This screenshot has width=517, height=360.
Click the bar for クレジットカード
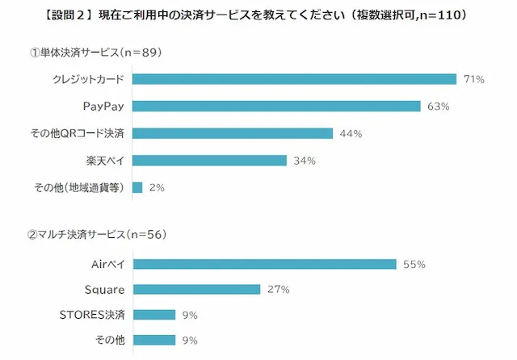pyautogui.click(x=294, y=79)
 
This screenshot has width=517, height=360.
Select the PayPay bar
pyautogui.click(x=276, y=107)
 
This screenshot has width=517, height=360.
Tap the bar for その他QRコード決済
pyautogui.click(x=233, y=133)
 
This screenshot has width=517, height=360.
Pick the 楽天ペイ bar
pyautogui.click(x=209, y=160)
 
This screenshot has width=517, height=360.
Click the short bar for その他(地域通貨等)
pyautogui.click(x=137, y=187)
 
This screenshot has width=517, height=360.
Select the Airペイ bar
pyautogui.click(x=264, y=264)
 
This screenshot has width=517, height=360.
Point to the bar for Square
pyautogui.click(x=196, y=289)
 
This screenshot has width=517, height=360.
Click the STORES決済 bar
pyautogui.click(x=153, y=315)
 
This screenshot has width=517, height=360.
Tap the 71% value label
pyautogui.click(x=473, y=79)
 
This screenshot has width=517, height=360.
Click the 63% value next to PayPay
pyautogui.click(x=437, y=107)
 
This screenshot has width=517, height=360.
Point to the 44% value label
pyautogui.click(x=350, y=133)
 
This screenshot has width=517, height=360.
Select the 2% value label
pyautogui.click(x=157, y=187)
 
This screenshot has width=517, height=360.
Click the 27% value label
pyautogui.click(x=279, y=289)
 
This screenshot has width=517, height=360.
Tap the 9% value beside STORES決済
pyautogui.click(x=191, y=315)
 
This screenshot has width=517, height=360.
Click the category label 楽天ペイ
pyautogui.click(x=104, y=160)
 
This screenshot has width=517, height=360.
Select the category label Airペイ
pyautogui.click(x=107, y=264)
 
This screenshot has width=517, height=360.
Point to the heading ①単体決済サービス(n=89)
pyautogui.click(x=96, y=53)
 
